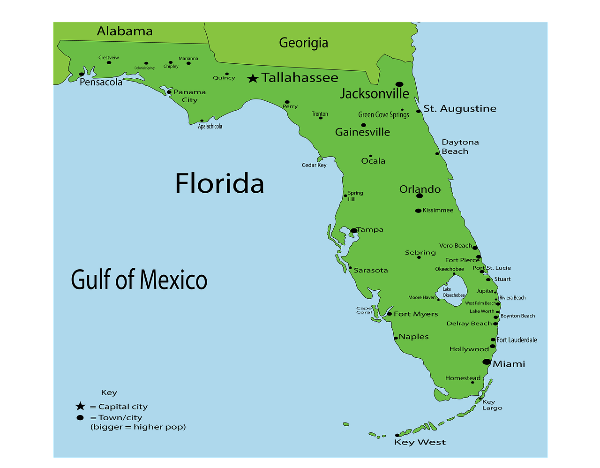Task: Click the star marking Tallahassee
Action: point(253,78)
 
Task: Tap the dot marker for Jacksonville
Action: point(399,84)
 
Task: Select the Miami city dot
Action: point(487,362)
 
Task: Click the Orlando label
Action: point(420,189)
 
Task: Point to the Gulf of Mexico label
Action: point(139,280)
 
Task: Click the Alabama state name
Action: point(125,31)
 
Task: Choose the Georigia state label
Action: point(303,43)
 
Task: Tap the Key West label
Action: point(420,442)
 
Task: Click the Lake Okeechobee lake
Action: point(454,291)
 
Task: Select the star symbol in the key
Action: point(80,406)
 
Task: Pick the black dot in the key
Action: point(80,417)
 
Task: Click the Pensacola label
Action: point(101,82)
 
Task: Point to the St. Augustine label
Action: point(460,108)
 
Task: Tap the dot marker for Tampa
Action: point(354,231)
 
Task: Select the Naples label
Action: point(413,337)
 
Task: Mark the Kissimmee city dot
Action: point(418,211)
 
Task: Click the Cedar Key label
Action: point(314,165)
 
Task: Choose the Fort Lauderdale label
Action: point(517,340)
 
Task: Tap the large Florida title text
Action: point(219,183)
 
